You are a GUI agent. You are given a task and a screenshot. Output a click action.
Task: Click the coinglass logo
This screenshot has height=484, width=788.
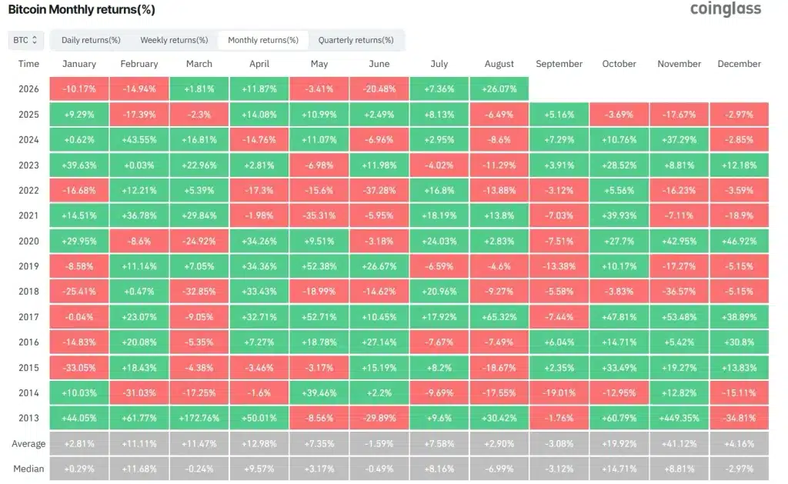725,9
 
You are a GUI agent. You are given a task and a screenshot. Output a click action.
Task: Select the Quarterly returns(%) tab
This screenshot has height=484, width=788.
356,40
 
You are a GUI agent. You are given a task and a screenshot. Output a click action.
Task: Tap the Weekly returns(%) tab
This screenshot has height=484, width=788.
174,40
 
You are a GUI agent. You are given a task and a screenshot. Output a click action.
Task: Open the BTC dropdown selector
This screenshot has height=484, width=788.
25,40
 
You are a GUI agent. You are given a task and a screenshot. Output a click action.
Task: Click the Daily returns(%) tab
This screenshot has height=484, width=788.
91,40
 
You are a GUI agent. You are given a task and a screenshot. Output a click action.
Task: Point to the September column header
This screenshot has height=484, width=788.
559,64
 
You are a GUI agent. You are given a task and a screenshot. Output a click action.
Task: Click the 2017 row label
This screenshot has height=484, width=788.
28,317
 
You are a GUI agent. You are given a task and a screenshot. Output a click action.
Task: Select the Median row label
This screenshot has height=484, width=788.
28,469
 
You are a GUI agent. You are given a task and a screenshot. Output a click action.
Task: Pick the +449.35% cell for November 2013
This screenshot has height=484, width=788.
679,418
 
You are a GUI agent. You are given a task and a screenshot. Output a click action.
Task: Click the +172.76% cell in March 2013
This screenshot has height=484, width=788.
199,418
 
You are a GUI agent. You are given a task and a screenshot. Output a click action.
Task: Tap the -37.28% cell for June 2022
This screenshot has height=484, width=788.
379,191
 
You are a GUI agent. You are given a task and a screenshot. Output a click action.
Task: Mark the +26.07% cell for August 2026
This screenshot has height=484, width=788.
499,89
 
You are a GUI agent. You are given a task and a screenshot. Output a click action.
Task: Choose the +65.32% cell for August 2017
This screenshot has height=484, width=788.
499,317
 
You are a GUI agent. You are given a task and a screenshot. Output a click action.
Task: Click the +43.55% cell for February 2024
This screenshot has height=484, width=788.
139,140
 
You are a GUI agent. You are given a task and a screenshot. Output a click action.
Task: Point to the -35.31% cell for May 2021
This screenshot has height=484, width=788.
319,215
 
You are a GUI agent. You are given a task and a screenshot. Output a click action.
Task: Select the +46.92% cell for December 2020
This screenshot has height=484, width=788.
740,242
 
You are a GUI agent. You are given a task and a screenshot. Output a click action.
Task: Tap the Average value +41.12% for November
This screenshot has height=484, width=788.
679,444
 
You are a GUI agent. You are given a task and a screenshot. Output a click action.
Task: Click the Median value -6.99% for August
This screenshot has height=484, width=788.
499,469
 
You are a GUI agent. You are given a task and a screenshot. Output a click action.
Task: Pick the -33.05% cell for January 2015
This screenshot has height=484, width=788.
79,367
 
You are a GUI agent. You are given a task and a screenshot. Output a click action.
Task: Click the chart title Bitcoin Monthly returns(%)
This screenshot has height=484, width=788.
82,9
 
